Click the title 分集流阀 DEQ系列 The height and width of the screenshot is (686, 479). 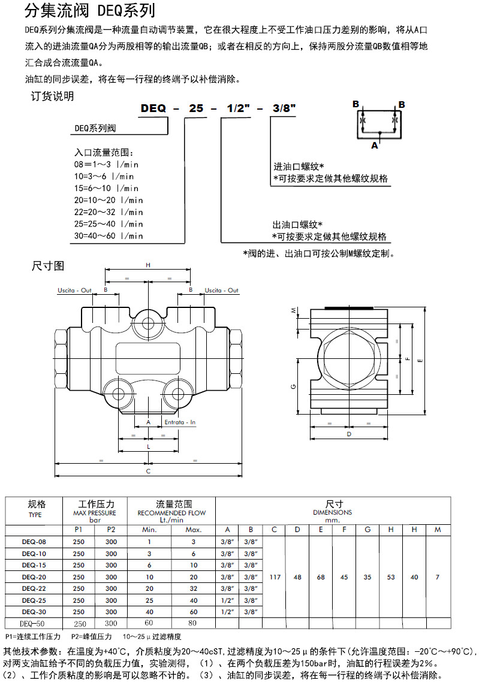tap(90, 11)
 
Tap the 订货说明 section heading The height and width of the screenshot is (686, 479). tap(53, 96)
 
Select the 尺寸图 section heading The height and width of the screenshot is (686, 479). tap(47, 264)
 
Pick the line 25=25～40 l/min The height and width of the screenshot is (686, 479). tap(109, 223)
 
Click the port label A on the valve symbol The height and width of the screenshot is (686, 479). tap(375, 144)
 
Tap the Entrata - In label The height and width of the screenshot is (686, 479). tap(180, 422)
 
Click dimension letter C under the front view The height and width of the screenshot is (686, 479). tap(148, 471)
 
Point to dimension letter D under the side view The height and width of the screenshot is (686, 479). tap(349, 433)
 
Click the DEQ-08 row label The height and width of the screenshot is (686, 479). tap(34, 542)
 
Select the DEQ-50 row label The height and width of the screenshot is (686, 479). tap(34, 623)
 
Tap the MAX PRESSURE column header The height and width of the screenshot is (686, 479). tap(95, 513)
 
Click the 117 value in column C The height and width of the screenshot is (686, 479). tap(274, 577)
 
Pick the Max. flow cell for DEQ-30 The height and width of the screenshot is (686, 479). tap(194, 612)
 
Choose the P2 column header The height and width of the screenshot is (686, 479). tap(111, 530)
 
